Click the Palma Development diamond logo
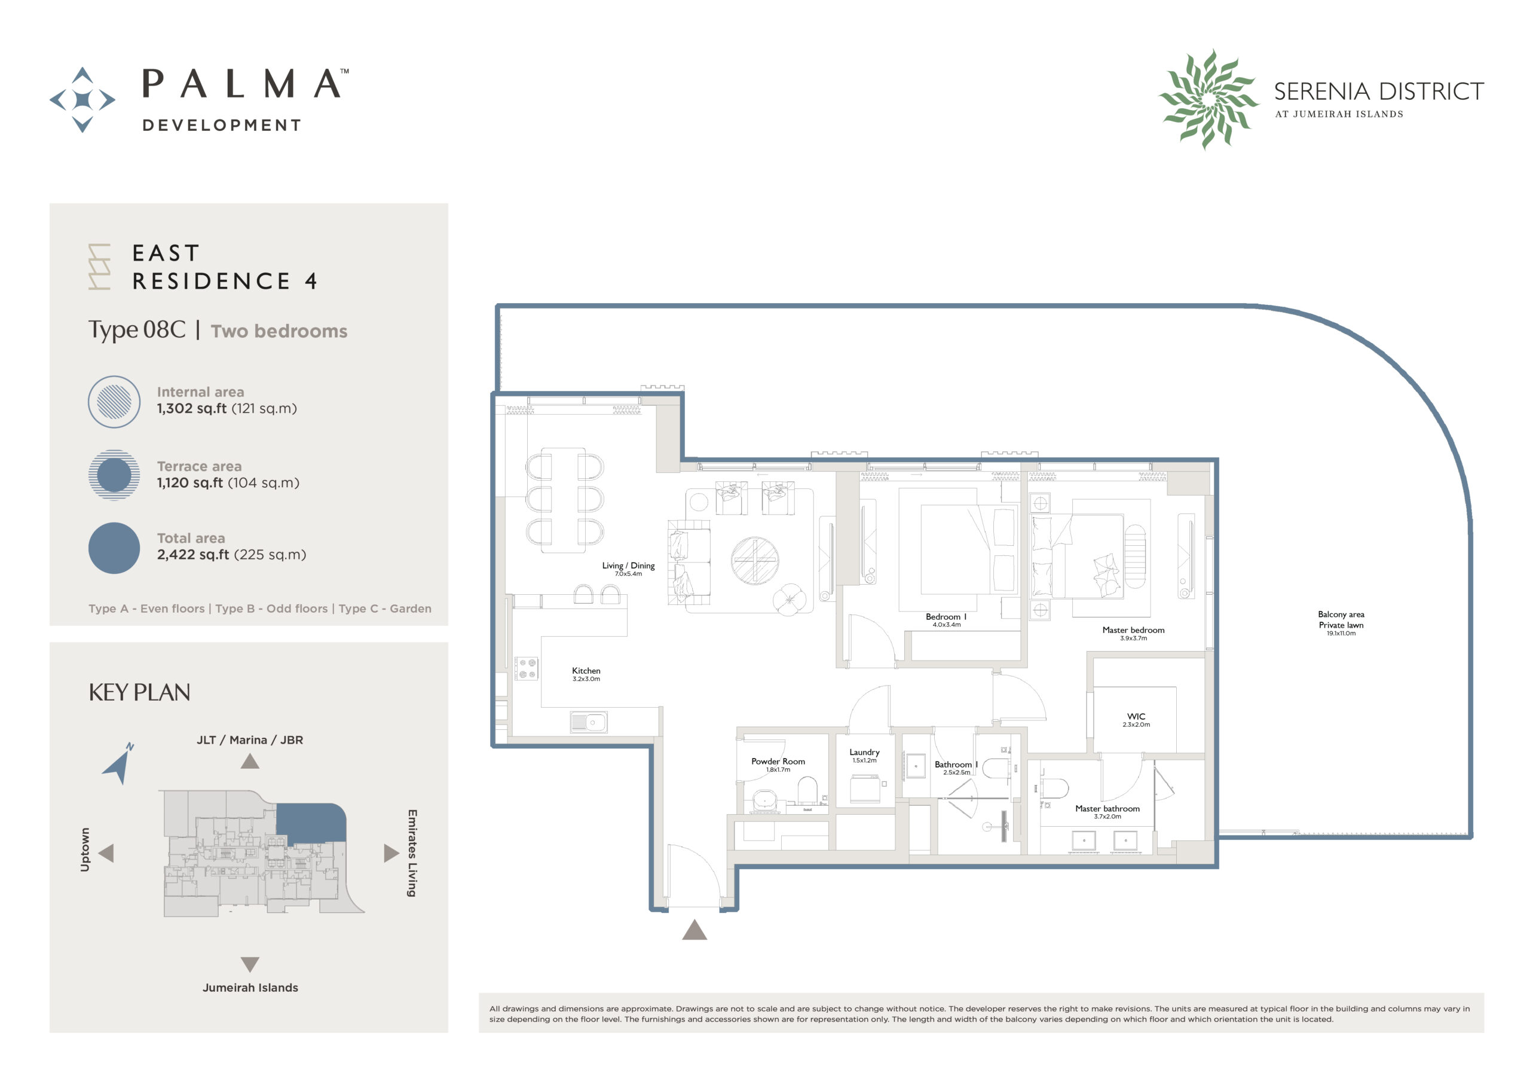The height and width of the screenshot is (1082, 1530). point(82,99)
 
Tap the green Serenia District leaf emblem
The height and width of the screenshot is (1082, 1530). point(1208,99)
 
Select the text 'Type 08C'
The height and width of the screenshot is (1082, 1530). point(137,330)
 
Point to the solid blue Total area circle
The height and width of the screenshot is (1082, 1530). point(114,548)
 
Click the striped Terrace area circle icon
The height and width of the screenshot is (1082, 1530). point(114,475)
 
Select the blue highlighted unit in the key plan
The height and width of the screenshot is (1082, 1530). point(309,823)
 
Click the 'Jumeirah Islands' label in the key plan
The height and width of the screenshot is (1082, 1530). point(250,988)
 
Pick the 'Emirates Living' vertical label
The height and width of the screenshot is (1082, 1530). point(412,852)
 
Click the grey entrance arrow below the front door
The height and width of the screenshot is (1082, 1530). point(694,930)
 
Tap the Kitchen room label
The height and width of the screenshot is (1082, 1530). point(586,671)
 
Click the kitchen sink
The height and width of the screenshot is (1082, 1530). point(589,723)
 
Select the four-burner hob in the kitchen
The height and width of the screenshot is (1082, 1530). point(527,669)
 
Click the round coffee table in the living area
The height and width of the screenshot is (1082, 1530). point(754,561)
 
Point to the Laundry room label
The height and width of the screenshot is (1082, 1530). point(864,752)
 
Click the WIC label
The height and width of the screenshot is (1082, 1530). point(1136,717)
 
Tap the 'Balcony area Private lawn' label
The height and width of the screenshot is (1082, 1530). point(1341,619)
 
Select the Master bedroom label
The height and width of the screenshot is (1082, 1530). point(1133,630)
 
